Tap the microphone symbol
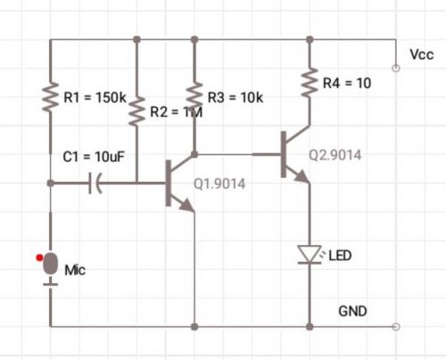pyautogui.click(x=51, y=266)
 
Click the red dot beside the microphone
pyautogui.click(x=38, y=258)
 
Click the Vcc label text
pyautogui.click(x=421, y=55)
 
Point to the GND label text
pyautogui.click(x=353, y=311)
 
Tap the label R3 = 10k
pyautogui.click(x=234, y=96)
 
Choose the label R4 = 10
pyautogui.click(x=346, y=82)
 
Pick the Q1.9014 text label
pyautogui.click(x=219, y=184)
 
